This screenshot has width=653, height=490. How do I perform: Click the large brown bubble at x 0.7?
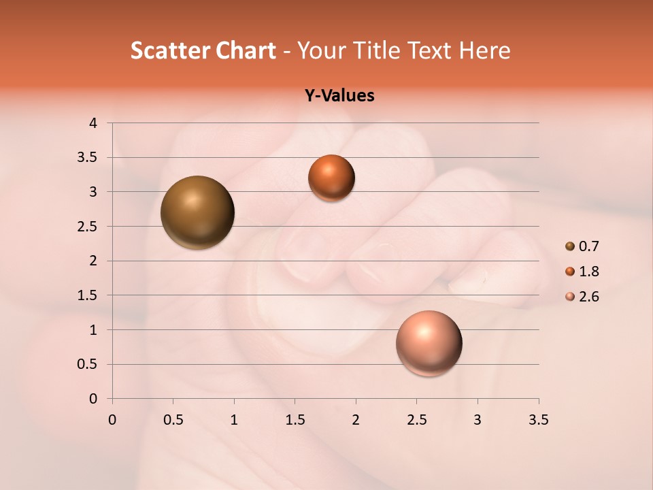(197, 212)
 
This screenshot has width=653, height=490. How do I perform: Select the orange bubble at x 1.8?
(331, 178)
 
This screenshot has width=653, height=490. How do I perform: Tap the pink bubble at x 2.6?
(429, 343)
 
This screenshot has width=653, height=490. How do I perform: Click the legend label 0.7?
(588, 246)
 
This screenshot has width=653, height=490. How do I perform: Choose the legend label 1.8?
(588, 272)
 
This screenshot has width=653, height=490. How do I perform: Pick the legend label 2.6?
(588, 297)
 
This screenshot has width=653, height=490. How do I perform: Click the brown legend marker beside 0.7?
(570, 246)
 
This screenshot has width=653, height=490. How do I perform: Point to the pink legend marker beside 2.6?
(570, 297)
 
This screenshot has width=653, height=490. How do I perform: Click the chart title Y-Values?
(339, 95)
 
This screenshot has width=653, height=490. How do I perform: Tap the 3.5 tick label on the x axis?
(538, 420)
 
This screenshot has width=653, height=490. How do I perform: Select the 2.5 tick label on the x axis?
(416, 420)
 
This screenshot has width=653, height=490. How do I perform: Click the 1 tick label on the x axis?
(234, 420)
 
